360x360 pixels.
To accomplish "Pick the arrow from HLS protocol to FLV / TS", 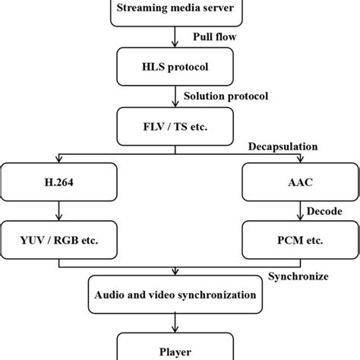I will (x=176, y=95).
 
